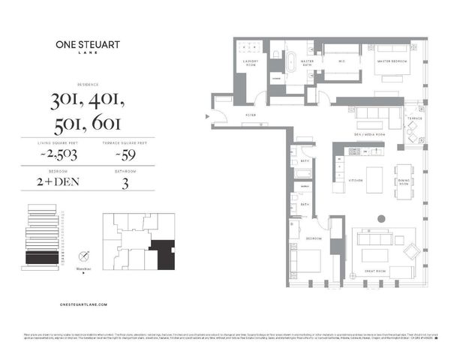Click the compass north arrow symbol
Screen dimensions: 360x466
pyautogui.click(x=85, y=256)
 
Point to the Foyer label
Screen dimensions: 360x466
pyautogui.click(x=250, y=115)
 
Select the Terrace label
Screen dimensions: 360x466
pyautogui.click(x=414, y=118)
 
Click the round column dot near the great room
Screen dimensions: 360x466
pyautogui.click(x=381, y=219)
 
